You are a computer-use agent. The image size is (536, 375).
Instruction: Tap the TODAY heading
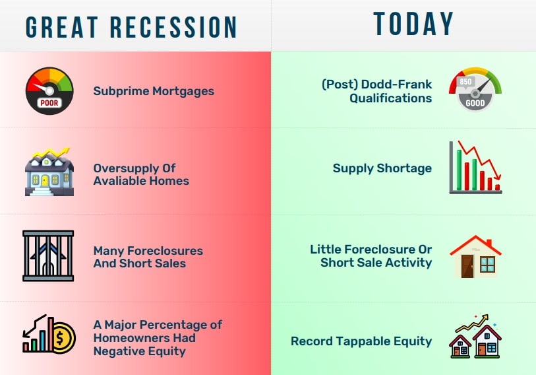click(x=413, y=24)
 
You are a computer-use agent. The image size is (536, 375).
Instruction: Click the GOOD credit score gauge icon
click(x=475, y=91)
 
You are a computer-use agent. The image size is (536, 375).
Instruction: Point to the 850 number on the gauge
click(x=466, y=82)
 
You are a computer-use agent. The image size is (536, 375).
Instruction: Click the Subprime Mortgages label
click(x=154, y=91)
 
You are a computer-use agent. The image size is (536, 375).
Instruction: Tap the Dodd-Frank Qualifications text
click(x=376, y=91)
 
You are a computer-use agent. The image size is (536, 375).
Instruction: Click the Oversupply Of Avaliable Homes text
click(x=141, y=174)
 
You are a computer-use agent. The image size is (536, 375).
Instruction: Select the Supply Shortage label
click(x=382, y=168)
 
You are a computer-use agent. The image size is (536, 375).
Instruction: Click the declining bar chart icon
click(x=475, y=168)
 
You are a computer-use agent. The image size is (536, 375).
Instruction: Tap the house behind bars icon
click(x=48, y=256)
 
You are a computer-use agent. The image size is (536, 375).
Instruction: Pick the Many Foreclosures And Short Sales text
click(x=148, y=257)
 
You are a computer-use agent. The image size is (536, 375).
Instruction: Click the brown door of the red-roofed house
click(x=467, y=267)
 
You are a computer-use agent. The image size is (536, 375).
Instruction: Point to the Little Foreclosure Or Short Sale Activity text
click(x=371, y=256)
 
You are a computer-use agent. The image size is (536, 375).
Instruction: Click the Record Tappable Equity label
click(x=361, y=341)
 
